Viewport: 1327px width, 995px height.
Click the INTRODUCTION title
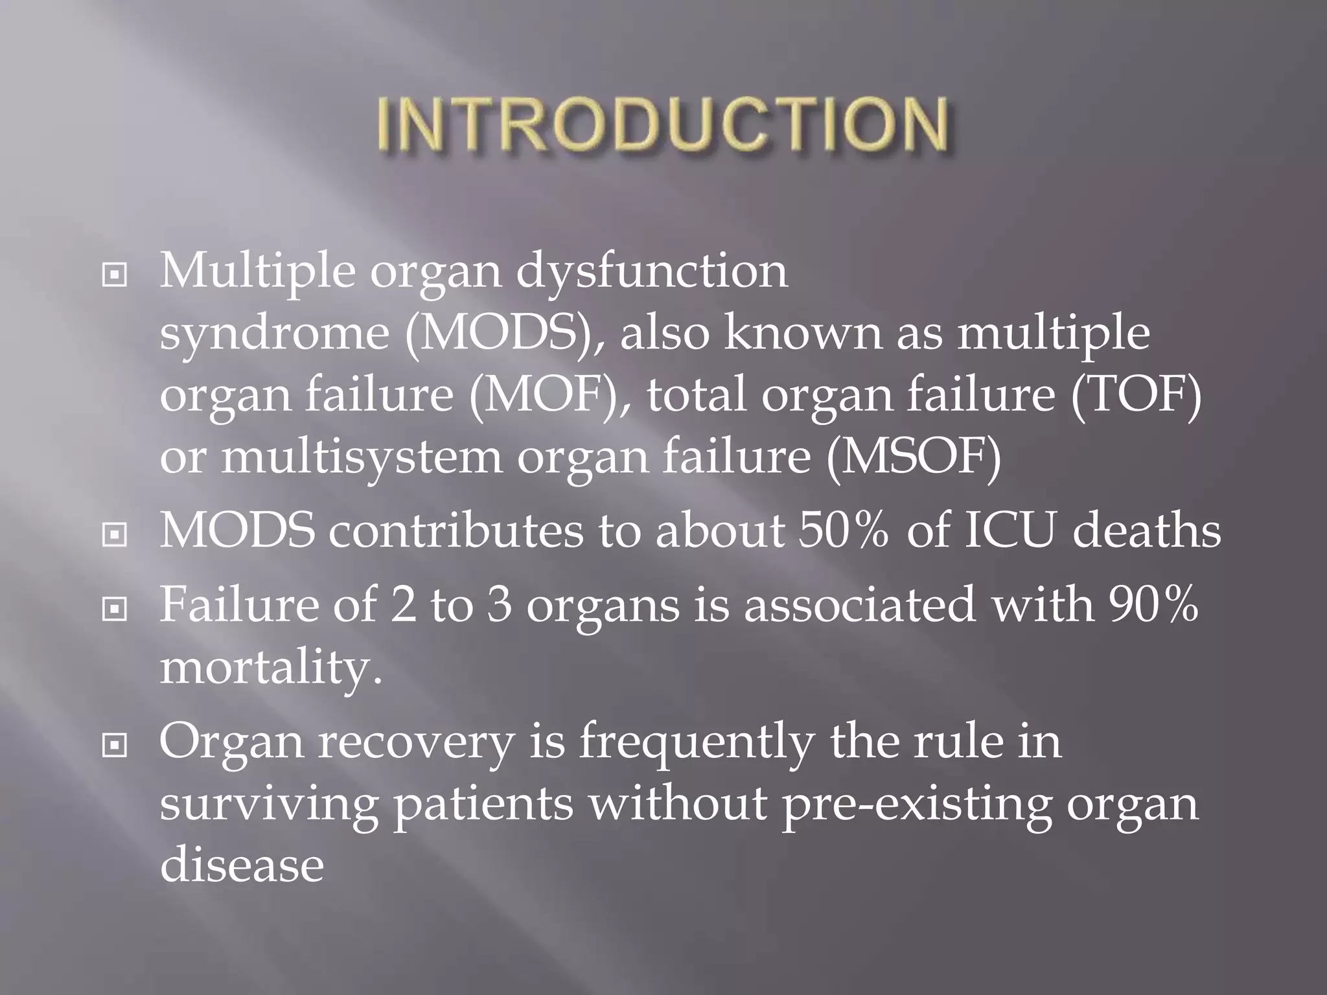point(663,124)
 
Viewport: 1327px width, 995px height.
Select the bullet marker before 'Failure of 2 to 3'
point(115,609)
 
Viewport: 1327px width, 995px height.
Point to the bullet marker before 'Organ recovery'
point(115,746)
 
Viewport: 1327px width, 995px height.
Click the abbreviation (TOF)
point(1136,395)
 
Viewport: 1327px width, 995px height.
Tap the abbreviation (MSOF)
point(914,457)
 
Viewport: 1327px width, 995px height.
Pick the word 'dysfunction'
point(652,272)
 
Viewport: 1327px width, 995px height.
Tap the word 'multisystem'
point(362,457)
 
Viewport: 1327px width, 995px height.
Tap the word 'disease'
point(242,865)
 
